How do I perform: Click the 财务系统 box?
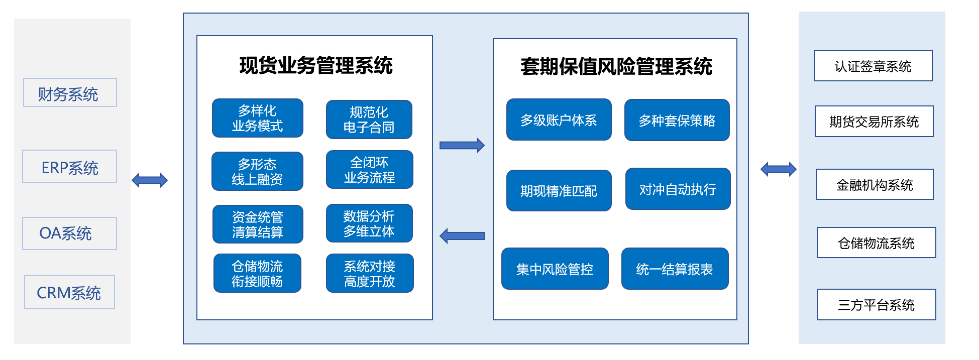pyautogui.click(x=70, y=92)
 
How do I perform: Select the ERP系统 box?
pyautogui.click(x=69, y=166)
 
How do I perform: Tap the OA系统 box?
pyautogui.click(x=69, y=233)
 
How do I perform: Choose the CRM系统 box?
pyautogui.click(x=69, y=292)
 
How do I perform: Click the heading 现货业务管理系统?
pyautogui.click(x=315, y=65)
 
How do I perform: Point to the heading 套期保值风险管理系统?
pyautogui.click(x=616, y=66)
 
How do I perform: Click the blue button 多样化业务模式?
pyautogui.click(x=257, y=118)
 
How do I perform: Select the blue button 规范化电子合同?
pyautogui.click(x=369, y=119)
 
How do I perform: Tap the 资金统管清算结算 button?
pyautogui.click(x=258, y=224)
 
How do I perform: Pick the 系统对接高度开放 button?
pyautogui.click(x=370, y=273)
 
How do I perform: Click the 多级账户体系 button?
pyautogui.click(x=559, y=119)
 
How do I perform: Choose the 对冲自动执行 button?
pyautogui.click(x=678, y=189)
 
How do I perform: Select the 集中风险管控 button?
pyautogui.click(x=555, y=269)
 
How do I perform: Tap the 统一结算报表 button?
pyautogui.click(x=675, y=269)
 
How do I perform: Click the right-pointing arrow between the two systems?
pyautogui.click(x=462, y=145)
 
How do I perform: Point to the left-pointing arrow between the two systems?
pyautogui.click(x=462, y=235)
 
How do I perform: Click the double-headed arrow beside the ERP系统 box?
pyautogui.click(x=150, y=180)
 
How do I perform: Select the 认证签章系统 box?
pyautogui.click(x=873, y=66)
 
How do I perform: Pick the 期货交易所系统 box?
pyautogui.click(x=874, y=121)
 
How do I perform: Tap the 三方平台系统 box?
pyautogui.click(x=877, y=304)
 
